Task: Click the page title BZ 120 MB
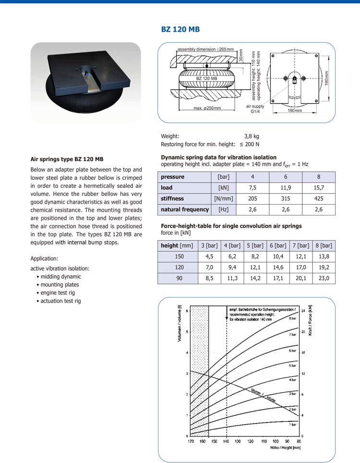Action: tap(180, 30)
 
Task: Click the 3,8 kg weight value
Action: tap(252, 136)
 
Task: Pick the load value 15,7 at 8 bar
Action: tap(318, 187)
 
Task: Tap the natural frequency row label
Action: tap(185, 209)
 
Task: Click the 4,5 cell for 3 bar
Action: tap(209, 256)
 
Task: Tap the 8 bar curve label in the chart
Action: tap(292, 318)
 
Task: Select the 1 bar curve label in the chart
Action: tap(292, 425)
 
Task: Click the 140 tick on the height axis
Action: tap(226, 441)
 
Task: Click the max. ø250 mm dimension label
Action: tap(207, 108)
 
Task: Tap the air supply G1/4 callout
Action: tap(255, 109)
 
